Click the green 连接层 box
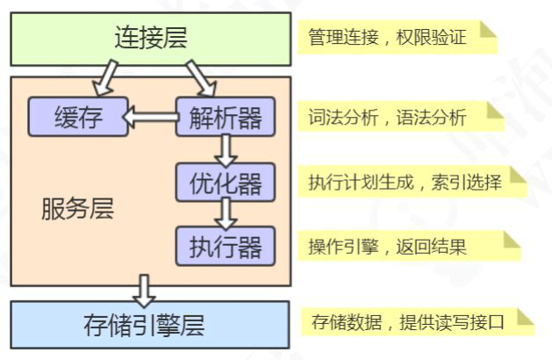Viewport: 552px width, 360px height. click(x=150, y=38)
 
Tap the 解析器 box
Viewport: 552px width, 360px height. click(x=226, y=117)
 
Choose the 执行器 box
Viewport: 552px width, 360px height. click(x=226, y=246)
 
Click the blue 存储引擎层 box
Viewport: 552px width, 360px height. click(x=150, y=325)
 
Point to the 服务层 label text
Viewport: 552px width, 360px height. click(x=77, y=210)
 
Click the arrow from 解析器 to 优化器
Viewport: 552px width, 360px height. click(x=226, y=150)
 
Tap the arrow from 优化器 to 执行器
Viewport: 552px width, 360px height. click(x=226, y=213)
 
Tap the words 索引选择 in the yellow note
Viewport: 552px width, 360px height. click(x=470, y=182)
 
